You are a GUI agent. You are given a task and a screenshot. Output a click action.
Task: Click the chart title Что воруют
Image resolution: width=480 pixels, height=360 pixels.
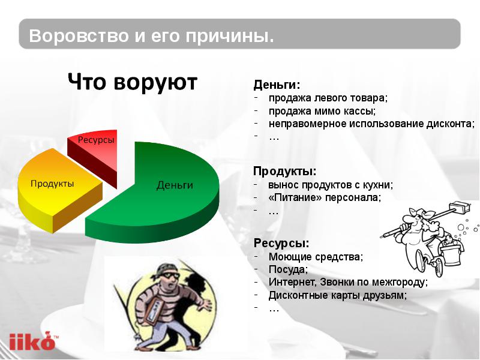click(x=132, y=82)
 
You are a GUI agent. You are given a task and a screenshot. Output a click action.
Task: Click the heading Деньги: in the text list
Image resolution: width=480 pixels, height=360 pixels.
click(x=277, y=85)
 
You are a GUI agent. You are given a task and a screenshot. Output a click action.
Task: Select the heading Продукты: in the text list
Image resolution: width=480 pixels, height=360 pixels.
click(x=284, y=172)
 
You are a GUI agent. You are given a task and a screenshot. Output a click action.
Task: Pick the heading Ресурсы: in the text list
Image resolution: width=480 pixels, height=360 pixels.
click(x=281, y=244)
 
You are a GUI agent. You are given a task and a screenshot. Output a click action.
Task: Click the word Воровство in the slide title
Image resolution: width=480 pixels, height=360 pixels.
click(x=79, y=35)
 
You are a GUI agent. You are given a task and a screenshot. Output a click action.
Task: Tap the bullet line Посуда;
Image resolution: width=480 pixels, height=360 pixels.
click(x=288, y=269)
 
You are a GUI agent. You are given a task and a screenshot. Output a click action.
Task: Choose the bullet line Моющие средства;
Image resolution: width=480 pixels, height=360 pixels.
click(x=316, y=257)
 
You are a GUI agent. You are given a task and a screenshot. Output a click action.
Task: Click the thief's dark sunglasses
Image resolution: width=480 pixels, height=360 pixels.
click(x=169, y=275)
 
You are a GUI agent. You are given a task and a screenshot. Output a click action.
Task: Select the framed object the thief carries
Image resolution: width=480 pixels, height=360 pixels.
click(x=155, y=310)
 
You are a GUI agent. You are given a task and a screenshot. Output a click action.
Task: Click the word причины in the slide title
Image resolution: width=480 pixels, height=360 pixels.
click(x=230, y=36)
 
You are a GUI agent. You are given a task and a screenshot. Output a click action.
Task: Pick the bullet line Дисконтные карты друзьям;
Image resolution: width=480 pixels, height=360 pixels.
click(x=338, y=295)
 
